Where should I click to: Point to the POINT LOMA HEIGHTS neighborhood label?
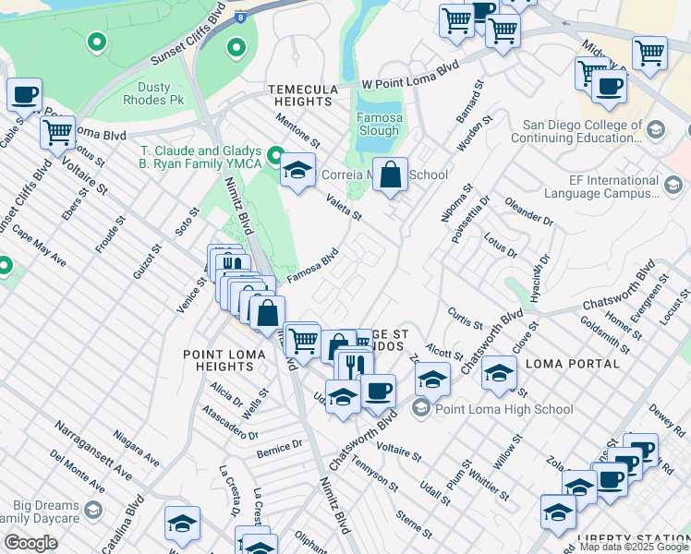(230, 360)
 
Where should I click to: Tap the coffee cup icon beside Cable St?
(25, 93)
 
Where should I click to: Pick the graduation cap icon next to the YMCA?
(297, 170)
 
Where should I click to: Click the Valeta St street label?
(344, 206)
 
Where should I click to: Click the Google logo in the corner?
(30, 543)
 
